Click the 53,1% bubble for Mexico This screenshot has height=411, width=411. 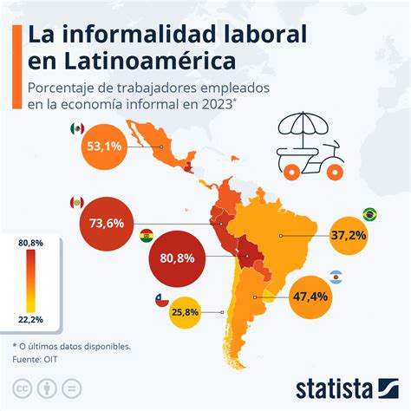tap(103, 147)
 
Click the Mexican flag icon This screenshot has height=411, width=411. tap(77, 128)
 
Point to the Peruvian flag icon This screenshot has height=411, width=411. tap(76, 203)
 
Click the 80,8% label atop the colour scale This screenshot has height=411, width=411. tap(30, 241)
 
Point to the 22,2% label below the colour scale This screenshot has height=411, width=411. tap(30, 321)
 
